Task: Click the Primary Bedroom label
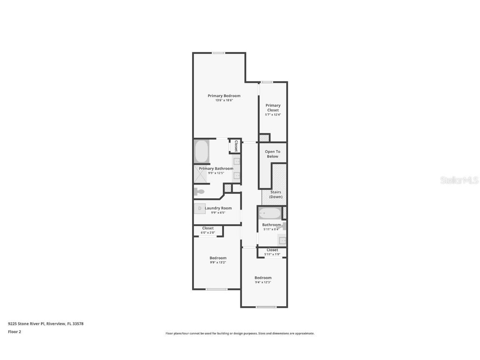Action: coord(224,96)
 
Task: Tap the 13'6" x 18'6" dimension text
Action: coord(224,100)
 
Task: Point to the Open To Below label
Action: coord(272,154)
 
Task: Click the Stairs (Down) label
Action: coord(275,194)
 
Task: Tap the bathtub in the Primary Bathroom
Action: coord(202,151)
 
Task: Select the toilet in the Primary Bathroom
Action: coord(199,192)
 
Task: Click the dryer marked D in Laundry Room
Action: coord(200,208)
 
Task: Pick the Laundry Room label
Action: coord(218,208)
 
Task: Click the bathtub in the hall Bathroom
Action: coord(270,214)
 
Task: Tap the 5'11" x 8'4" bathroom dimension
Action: coord(271,229)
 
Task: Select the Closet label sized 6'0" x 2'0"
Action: coord(208,228)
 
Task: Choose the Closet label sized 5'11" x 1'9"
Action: coord(272,250)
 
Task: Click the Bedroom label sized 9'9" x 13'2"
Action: coord(218,258)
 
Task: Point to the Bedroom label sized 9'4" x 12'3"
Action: coord(263,278)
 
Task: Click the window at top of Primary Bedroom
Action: coord(218,53)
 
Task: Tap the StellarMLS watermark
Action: coord(460,180)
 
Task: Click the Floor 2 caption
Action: coord(14,332)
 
